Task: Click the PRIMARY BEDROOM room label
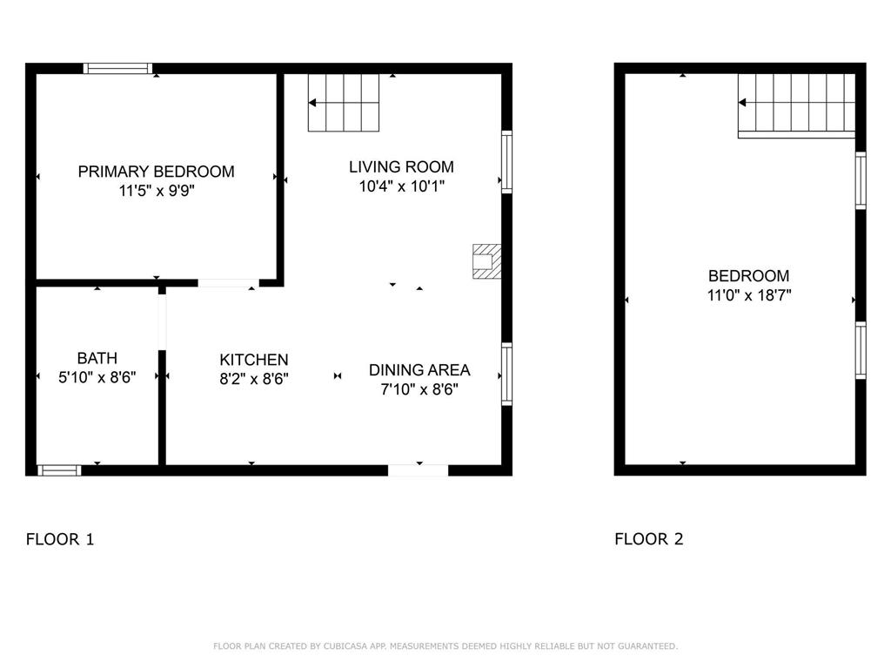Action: point(156,172)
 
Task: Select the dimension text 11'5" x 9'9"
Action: point(156,192)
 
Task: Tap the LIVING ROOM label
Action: point(401,166)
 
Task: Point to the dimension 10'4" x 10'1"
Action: point(401,186)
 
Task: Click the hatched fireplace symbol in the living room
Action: point(486,261)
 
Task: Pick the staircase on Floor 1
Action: point(345,103)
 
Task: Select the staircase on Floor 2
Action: point(796,105)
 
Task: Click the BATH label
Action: point(97,358)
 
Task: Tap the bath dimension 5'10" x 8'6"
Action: point(97,378)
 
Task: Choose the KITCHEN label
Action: point(253,360)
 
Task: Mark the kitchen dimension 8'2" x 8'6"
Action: point(253,380)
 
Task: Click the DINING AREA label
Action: point(419,370)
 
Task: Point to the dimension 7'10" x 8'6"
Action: point(419,390)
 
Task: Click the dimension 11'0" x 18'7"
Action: point(748,296)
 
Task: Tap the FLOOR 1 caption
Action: point(60,539)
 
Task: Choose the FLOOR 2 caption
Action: point(649,539)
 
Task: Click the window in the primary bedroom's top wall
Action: point(117,68)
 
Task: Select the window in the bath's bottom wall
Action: point(59,470)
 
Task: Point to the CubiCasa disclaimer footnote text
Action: point(445,646)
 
